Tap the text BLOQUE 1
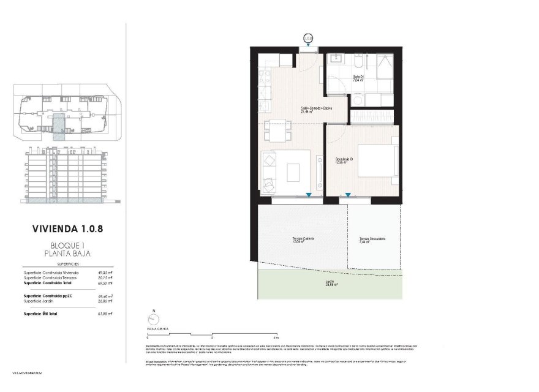point(67,245)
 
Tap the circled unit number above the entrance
point(309,38)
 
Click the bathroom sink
point(336,60)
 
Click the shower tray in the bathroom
point(383,65)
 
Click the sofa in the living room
point(269,171)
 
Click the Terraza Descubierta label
point(372,239)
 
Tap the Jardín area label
point(331,284)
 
